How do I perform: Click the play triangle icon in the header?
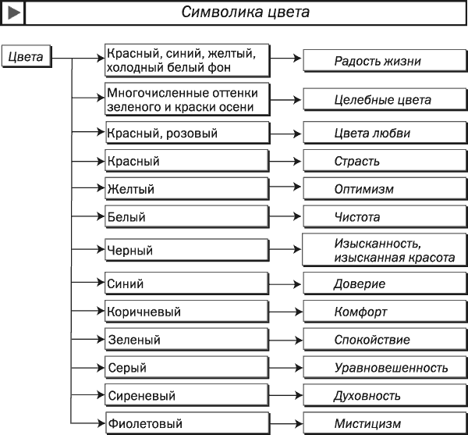(14, 12)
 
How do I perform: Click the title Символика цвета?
(246, 12)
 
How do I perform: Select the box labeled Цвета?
(27, 56)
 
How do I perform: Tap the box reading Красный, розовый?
(187, 133)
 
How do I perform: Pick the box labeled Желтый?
(187, 189)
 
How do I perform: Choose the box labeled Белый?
(187, 217)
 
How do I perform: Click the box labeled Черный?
(187, 250)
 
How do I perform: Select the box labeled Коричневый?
(187, 312)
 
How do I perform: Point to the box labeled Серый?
(187, 368)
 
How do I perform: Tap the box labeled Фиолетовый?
(187, 423)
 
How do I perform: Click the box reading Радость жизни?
(385, 61)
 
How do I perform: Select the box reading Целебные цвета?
(385, 99)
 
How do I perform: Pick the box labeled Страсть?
(385, 161)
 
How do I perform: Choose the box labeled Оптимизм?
(385, 189)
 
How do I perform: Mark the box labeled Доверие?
(385, 283)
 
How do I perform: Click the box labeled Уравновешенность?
(385, 368)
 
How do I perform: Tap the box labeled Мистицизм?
(385, 423)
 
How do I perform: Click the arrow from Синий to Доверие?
(285, 284)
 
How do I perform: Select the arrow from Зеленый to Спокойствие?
(285, 340)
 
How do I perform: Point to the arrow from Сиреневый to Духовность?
(285, 395)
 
